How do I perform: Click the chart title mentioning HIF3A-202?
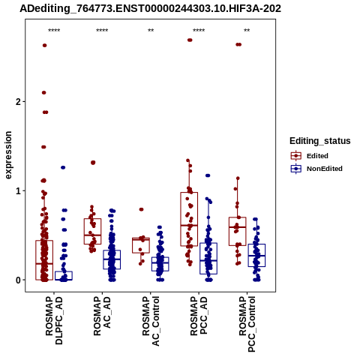coord(150,9)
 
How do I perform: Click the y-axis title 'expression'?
coord(8,155)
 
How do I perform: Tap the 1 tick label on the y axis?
coord(19,191)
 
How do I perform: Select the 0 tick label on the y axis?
coord(19,280)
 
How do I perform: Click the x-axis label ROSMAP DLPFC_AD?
coord(54,320)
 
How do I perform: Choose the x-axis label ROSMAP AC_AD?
coord(102,316)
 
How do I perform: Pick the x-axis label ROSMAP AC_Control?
coord(151,321)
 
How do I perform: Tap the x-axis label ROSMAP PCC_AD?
coord(199,316)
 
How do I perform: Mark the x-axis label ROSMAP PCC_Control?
coord(247,324)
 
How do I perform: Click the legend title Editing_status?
coord(320,141)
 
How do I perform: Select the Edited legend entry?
coord(310,156)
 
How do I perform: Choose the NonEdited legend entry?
coord(316,169)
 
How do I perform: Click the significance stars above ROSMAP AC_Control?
coord(151,31)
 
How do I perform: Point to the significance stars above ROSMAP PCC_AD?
coord(199,31)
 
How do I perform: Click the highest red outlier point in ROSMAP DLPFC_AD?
coord(45,45)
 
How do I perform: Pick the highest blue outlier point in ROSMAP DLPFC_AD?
coord(63,167)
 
